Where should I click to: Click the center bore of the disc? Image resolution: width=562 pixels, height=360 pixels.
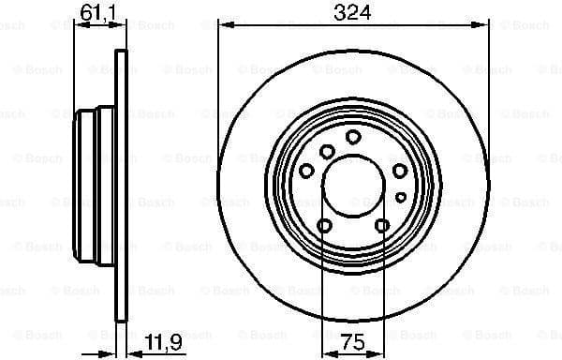click(354, 184)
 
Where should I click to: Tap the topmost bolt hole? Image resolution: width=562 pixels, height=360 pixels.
click(353, 137)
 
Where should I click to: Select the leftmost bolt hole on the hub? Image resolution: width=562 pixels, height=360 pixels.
click(307, 170)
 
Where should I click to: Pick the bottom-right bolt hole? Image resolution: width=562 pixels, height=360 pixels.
click(382, 225)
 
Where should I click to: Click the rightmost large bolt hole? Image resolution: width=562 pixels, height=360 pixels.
click(400, 170)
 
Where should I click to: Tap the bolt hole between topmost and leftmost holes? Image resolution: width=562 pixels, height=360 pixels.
click(327, 151)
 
